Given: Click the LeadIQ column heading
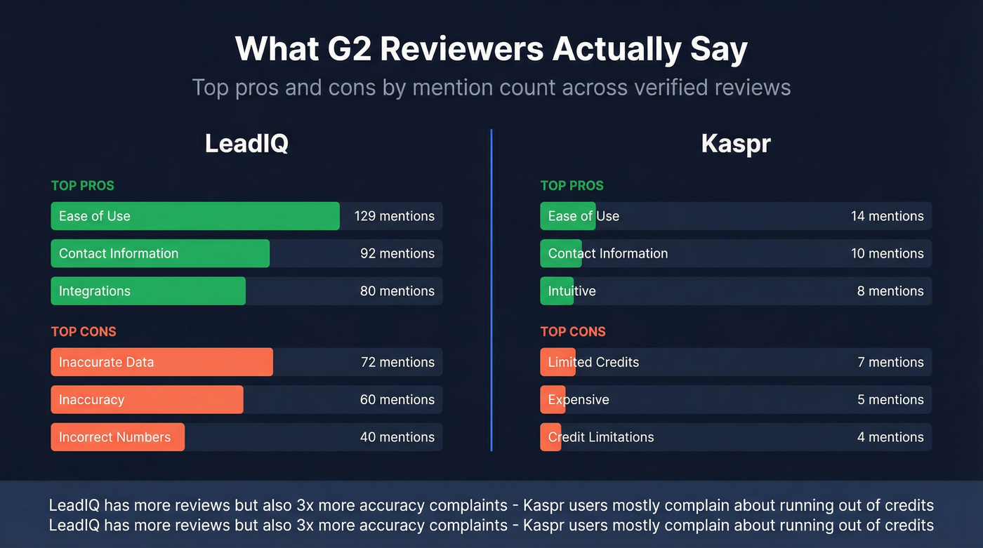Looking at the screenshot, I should (x=246, y=144).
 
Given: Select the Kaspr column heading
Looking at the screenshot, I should (x=736, y=144).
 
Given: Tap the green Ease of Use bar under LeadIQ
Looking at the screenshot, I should (x=195, y=216).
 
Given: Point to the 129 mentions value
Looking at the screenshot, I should (x=394, y=216).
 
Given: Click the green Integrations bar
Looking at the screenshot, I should (x=148, y=291).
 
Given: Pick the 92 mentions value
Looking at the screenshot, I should (x=397, y=253).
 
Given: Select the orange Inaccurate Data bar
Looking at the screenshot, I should (x=161, y=362).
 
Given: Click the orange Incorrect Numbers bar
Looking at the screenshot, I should (x=117, y=437).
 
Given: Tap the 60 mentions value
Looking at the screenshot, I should (x=397, y=400).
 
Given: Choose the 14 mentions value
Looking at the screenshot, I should (x=887, y=216).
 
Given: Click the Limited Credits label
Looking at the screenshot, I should (x=593, y=362).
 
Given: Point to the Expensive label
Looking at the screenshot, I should (x=579, y=400).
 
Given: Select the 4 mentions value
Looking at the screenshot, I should (x=890, y=437).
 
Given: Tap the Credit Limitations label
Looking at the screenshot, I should (x=601, y=437).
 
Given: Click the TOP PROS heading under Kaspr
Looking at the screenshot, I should (x=572, y=186).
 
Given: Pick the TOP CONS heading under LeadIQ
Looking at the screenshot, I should (x=84, y=332).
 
